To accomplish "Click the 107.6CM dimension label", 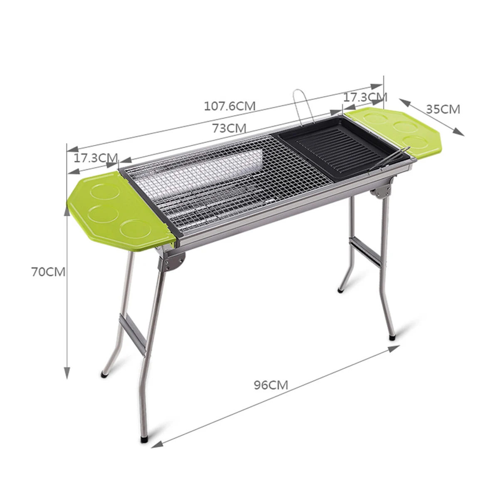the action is tap(230, 106).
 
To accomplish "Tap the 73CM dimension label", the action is tap(229, 128).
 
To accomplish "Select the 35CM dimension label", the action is tap(443, 109).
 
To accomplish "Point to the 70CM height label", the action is tap(48, 272).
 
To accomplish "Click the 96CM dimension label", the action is tap(271, 385).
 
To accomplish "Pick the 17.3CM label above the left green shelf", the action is tap(96, 158).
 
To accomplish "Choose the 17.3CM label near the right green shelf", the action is tap(365, 97).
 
